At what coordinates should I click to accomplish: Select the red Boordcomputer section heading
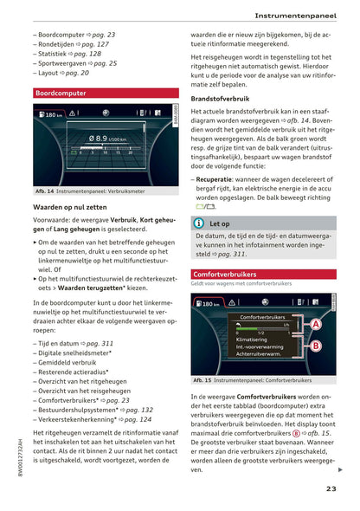(60, 93)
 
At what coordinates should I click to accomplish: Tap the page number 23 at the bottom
(331, 489)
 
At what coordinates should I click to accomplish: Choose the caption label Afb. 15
(204, 379)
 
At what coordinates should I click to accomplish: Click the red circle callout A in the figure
(316, 324)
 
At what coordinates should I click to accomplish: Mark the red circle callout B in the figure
(316, 346)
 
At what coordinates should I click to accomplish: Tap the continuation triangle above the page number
(339, 469)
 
